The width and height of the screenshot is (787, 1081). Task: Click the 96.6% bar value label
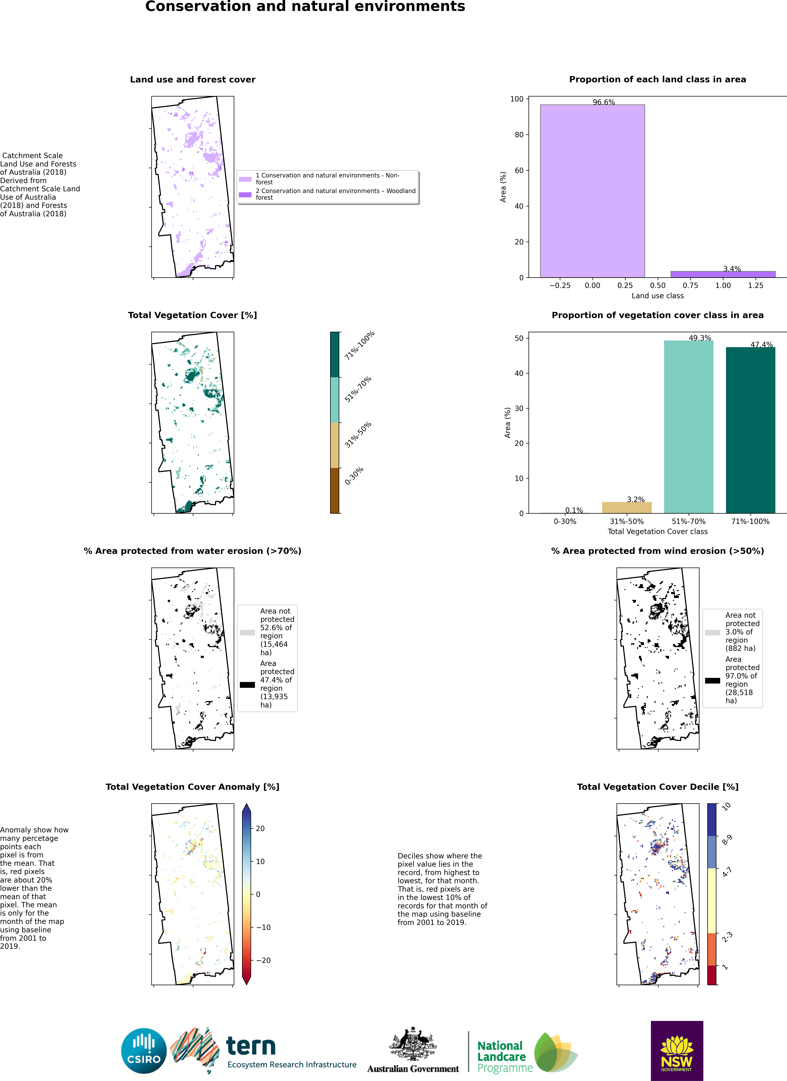pos(604,102)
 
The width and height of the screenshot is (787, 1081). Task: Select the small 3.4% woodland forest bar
pos(723,274)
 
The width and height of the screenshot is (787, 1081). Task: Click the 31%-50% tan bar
pos(626,508)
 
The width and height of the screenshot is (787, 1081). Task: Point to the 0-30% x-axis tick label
pos(565,522)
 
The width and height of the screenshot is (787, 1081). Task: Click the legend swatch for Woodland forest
pos(245,195)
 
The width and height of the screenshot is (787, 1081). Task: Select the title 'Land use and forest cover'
pos(193,80)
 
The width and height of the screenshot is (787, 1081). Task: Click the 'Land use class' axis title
pos(657,295)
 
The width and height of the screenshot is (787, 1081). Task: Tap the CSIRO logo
pos(144,1051)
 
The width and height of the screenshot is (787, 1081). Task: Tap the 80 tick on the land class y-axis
pos(519,134)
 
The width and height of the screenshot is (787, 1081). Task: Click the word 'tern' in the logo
pos(251,1046)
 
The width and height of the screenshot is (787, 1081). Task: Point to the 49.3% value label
pos(700,338)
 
